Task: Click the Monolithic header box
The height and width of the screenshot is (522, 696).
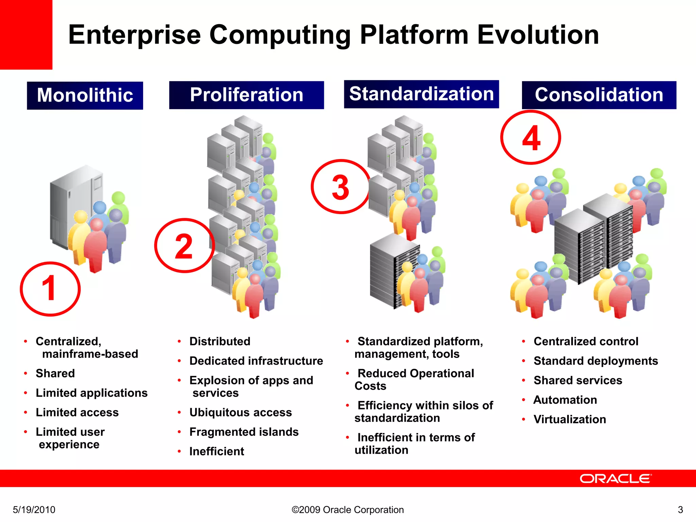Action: coord(85,95)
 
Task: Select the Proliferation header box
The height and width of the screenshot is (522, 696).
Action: coord(246,95)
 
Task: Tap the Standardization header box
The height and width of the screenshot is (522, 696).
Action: coord(421,94)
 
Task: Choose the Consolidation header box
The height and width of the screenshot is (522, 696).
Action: coord(599,95)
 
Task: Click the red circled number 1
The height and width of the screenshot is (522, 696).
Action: coord(50,289)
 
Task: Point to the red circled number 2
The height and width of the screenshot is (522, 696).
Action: coord(184,246)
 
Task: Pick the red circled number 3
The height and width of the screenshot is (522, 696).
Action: coord(341,187)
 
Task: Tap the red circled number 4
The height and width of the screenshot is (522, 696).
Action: coord(530,137)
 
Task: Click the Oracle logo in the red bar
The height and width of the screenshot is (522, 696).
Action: coord(615,478)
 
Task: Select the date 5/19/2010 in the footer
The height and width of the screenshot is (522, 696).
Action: coord(34,510)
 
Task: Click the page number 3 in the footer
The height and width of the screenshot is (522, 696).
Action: coord(680,510)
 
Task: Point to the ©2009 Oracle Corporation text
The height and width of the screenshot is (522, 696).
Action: coord(348,510)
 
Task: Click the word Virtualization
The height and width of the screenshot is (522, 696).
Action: coord(570,419)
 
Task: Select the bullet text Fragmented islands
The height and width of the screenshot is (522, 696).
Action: coord(244,432)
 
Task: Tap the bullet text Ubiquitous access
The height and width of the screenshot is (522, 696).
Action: coord(240,413)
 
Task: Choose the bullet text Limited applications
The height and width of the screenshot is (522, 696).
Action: coord(91,393)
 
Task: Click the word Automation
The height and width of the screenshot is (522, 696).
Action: coord(565,400)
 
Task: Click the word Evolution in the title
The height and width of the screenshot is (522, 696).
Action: coord(538,35)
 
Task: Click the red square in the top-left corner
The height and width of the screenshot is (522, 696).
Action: coord(26,34)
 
